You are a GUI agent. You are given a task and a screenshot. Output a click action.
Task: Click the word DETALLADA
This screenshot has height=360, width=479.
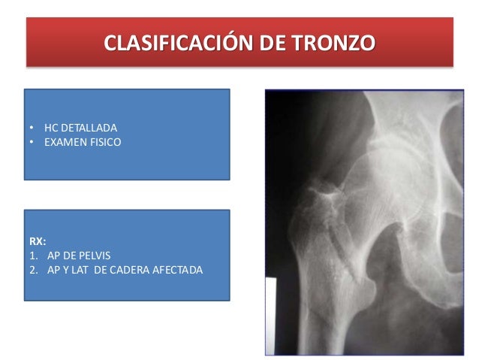click(x=87, y=127)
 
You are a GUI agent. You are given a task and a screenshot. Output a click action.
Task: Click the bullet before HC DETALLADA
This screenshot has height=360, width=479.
click(x=31, y=127)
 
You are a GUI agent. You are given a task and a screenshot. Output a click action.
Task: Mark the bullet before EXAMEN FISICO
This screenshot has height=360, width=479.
click(x=31, y=141)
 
